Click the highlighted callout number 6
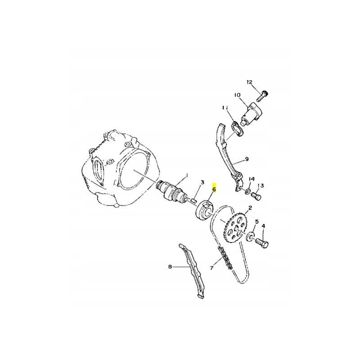click(214, 189)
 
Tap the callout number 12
click(249, 82)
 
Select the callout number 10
click(237, 95)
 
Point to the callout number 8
click(170, 267)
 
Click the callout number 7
click(211, 268)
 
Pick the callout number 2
click(250, 208)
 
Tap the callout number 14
click(252, 179)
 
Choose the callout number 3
click(202, 183)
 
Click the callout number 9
click(247, 159)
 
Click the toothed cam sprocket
click(235, 228)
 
